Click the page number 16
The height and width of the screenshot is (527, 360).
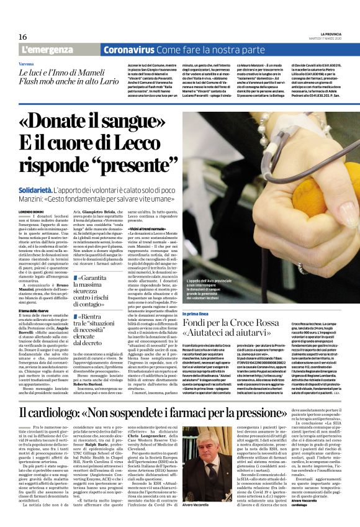tap(22, 37)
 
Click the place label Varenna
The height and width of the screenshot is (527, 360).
tap(26, 63)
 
